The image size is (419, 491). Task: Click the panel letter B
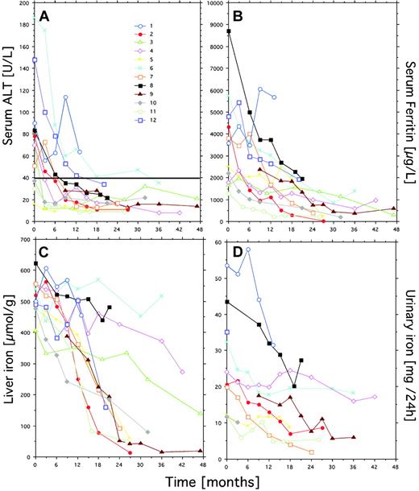[239, 14]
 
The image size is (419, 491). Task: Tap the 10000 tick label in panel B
[211, 5]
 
